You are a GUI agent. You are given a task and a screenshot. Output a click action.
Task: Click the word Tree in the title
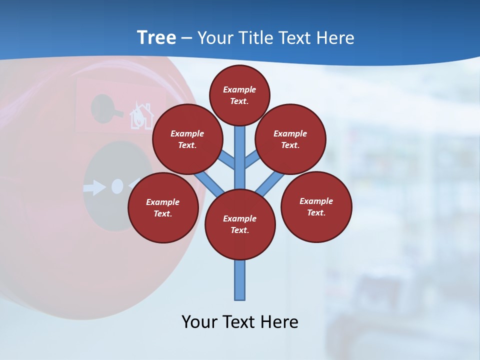tap(156, 38)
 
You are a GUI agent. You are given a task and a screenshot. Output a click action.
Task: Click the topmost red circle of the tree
tap(239, 95)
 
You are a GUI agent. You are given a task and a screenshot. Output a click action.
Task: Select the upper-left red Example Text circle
tap(187, 139)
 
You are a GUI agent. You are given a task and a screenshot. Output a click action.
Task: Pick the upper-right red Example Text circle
tap(290, 139)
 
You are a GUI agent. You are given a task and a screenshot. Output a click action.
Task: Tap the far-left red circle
tap(163, 207)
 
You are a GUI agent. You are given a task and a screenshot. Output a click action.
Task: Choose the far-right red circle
tap(316, 206)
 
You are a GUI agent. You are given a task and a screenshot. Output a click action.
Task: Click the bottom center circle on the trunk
tap(240, 224)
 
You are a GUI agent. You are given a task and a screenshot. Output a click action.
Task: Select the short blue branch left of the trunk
tap(227, 160)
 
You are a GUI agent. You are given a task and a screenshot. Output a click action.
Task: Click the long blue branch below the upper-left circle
tap(209, 182)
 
